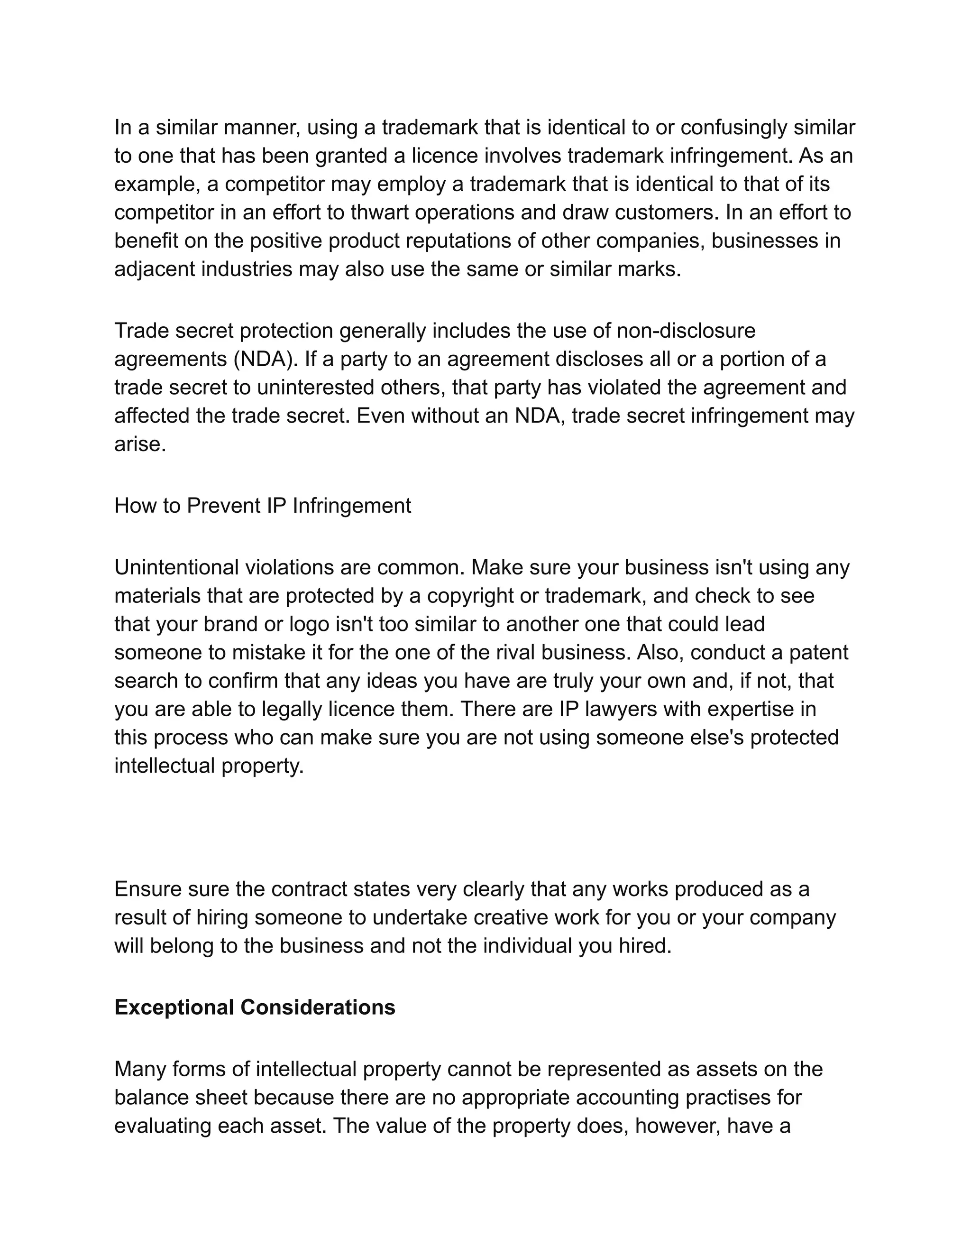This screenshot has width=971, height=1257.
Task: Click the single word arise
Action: coord(140,444)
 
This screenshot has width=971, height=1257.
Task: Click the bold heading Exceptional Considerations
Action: coord(255,1007)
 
